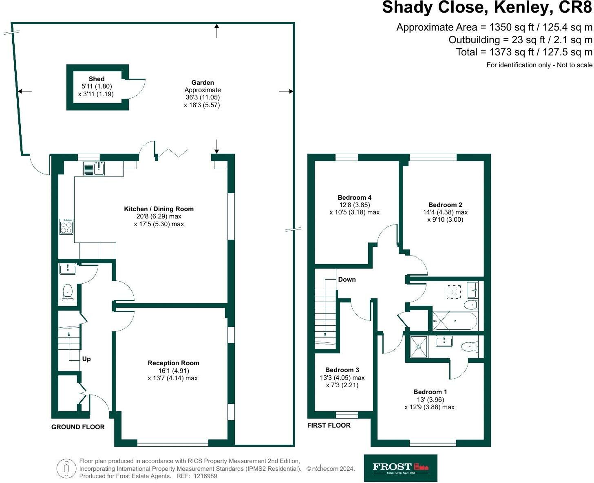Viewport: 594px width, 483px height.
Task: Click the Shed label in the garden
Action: (x=97, y=79)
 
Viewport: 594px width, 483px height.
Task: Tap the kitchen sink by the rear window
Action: (x=94, y=168)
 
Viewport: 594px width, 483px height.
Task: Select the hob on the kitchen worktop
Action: (x=66, y=227)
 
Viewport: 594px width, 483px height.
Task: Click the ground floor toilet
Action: (x=68, y=292)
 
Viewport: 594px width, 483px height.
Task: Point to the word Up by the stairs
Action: (x=86, y=359)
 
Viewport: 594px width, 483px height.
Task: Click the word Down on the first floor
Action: (x=347, y=280)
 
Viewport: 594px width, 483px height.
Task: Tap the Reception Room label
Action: (x=173, y=363)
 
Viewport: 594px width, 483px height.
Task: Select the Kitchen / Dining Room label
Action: (x=159, y=209)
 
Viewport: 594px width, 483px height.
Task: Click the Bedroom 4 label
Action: (x=354, y=197)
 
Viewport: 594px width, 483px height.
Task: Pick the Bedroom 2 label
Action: (x=445, y=205)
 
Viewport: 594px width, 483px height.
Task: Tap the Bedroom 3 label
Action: (x=342, y=370)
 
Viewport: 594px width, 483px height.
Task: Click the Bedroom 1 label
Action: (x=430, y=392)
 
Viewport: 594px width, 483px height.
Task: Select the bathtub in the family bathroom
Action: (x=455, y=321)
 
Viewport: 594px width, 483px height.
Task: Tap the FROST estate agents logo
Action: (x=400, y=468)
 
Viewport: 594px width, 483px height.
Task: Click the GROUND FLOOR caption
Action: (x=78, y=427)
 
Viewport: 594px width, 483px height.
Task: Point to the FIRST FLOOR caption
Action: (x=329, y=425)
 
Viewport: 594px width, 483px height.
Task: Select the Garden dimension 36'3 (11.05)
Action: (x=202, y=97)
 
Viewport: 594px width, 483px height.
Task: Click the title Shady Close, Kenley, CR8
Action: (x=487, y=8)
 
